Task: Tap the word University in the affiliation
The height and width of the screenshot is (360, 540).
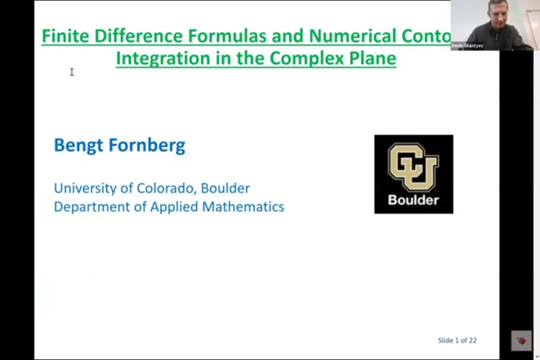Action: (x=86, y=189)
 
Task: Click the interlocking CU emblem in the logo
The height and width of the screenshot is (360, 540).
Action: (x=413, y=166)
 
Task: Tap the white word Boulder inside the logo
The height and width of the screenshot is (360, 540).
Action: (x=413, y=200)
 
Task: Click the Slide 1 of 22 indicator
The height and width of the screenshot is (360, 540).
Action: (x=457, y=340)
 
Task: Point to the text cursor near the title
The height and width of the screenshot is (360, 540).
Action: (x=72, y=73)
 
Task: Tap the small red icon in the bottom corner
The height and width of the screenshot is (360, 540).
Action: (x=521, y=341)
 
